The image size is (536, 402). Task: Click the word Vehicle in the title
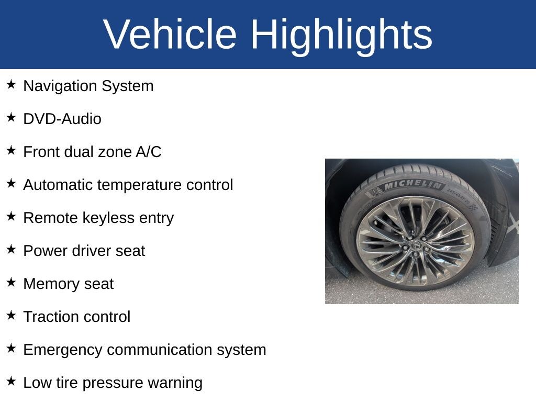[170, 34]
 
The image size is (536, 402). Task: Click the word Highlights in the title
[341, 37]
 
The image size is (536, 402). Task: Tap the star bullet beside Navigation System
[11, 84]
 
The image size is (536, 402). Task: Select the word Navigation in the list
[60, 86]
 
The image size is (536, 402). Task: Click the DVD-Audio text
[62, 119]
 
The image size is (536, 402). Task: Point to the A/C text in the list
[148, 152]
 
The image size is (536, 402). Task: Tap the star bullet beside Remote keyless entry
[11, 216]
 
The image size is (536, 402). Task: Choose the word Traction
[48, 317]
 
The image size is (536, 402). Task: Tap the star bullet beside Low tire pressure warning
[11, 381]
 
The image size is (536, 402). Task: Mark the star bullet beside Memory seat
[11, 282]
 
